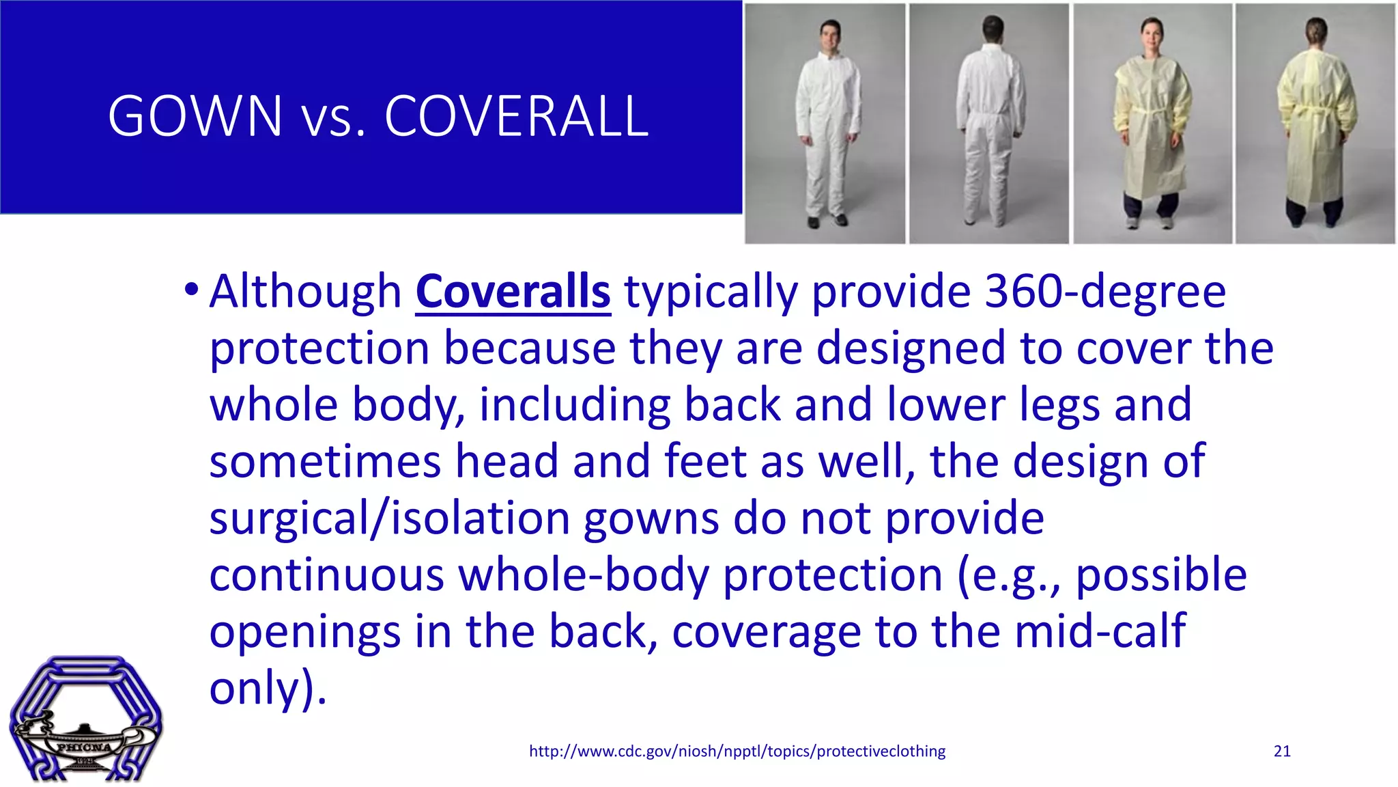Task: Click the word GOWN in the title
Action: click(195, 116)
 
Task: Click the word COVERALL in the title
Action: click(516, 116)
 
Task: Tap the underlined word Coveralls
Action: click(513, 292)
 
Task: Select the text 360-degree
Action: click(1105, 292)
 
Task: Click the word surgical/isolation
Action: click(389, 518)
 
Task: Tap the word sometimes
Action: click(325, 461)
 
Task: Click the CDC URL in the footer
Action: click(737, 751)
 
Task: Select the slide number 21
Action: click(1282, 751)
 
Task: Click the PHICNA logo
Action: click(85, 719)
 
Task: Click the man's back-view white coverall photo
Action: click(989, 123)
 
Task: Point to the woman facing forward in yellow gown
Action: click(1152, 123)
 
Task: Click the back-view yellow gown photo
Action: click(1315, 123)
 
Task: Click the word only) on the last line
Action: click(268, 688)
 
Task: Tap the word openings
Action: click(304, 631)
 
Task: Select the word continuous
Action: click(326, 575)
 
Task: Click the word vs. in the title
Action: click(333, 118)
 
